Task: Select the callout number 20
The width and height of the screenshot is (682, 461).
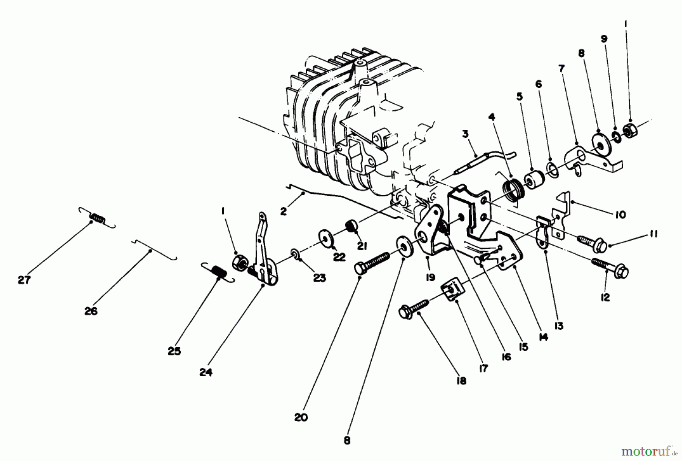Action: [300, 417]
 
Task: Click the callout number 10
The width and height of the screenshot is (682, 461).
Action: [620, 215]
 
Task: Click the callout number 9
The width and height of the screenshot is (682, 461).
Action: [604, 39]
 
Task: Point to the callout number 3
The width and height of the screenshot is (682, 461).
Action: [465, 133]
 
